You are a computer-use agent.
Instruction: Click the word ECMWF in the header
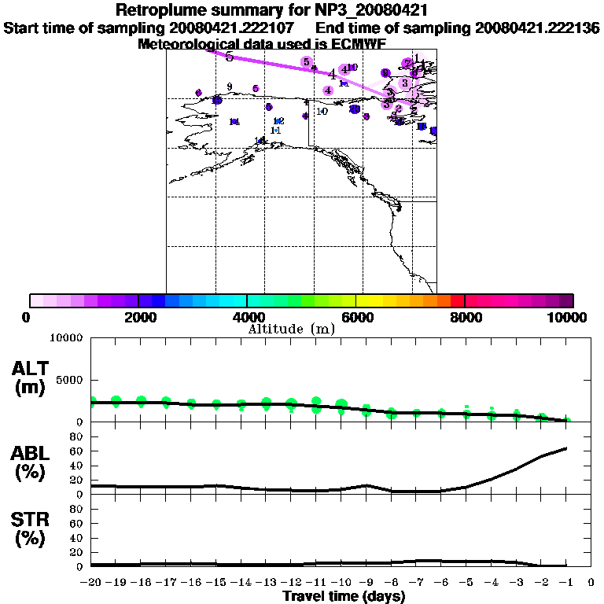coord(360,44)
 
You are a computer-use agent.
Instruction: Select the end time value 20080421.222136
coord(537,28)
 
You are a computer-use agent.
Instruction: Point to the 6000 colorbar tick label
coord(355,317)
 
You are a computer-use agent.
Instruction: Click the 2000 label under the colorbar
coord(138,317)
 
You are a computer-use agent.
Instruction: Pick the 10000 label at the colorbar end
coord(570,317)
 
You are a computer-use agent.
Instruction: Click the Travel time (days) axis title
coord(344,596)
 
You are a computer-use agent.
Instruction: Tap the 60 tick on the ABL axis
coord(77,451)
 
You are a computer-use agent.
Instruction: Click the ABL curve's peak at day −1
coord(566,448)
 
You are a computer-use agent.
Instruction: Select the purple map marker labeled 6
coord(385,73)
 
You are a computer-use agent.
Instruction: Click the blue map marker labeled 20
coord(355,109)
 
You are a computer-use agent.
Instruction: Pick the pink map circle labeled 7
coord(407,63)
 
